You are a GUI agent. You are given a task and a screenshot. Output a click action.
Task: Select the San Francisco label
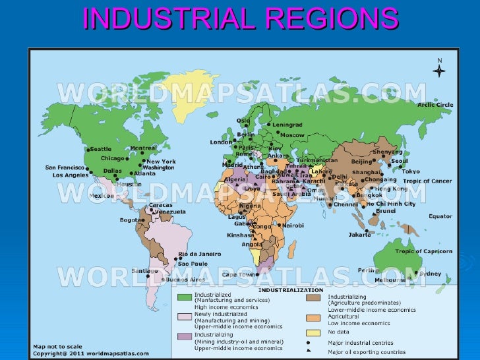65,167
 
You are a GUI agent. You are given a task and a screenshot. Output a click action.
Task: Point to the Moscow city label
292,135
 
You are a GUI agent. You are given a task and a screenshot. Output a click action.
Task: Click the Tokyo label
410,171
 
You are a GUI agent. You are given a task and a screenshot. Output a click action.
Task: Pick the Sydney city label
430,274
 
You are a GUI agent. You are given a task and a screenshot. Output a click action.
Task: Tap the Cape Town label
238,274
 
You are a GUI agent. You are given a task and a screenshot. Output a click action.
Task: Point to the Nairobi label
293,225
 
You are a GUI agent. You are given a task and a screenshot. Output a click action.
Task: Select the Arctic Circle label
435,104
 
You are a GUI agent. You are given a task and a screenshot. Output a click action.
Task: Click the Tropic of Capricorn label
423,251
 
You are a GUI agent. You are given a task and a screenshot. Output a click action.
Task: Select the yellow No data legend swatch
315,332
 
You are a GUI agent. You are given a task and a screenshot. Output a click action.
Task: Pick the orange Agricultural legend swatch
315,318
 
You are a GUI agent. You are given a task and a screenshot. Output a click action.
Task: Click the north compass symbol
439,70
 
